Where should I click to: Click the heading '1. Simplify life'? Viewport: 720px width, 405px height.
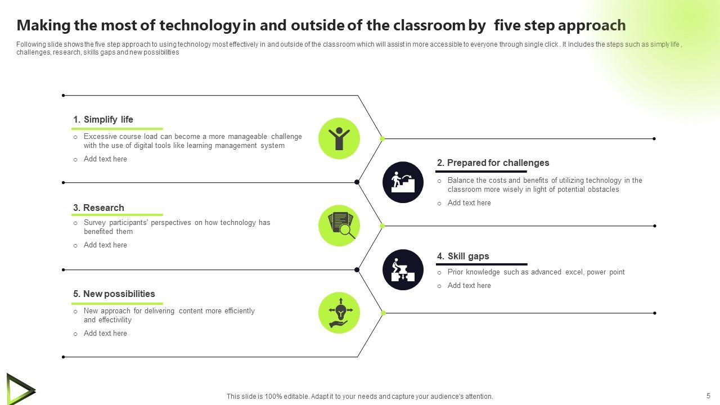tap(103, 119)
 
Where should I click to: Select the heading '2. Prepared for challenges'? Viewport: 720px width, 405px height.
tap(493, 163)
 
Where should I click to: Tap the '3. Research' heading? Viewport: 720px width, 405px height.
tap(98, 208)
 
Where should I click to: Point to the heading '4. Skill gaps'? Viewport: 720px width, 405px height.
tap(463, 256)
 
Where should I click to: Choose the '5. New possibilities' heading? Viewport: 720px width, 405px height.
tap(114, 294)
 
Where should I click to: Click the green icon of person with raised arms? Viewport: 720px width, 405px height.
tap(339, 138)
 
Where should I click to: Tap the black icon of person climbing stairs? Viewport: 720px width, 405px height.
tap(403, 182)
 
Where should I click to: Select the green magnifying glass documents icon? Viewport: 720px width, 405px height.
tap(339, 226)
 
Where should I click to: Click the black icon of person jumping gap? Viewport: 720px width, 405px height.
tap(403, 269)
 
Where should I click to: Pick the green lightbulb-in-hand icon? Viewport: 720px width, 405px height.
tap(339, 313)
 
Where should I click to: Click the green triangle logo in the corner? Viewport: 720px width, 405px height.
tap(20, 389)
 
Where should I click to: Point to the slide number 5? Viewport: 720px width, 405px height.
tap(708, 395)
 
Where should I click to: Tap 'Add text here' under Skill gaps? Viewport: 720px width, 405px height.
tap(469, 286)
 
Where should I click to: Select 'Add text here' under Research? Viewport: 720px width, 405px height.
tap(105, 245)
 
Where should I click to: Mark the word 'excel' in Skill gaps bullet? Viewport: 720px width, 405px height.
tap(574, 272)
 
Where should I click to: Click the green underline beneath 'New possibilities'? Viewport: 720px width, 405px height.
tap(118, 304)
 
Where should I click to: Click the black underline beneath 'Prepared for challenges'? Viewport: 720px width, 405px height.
tap(481, 172)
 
